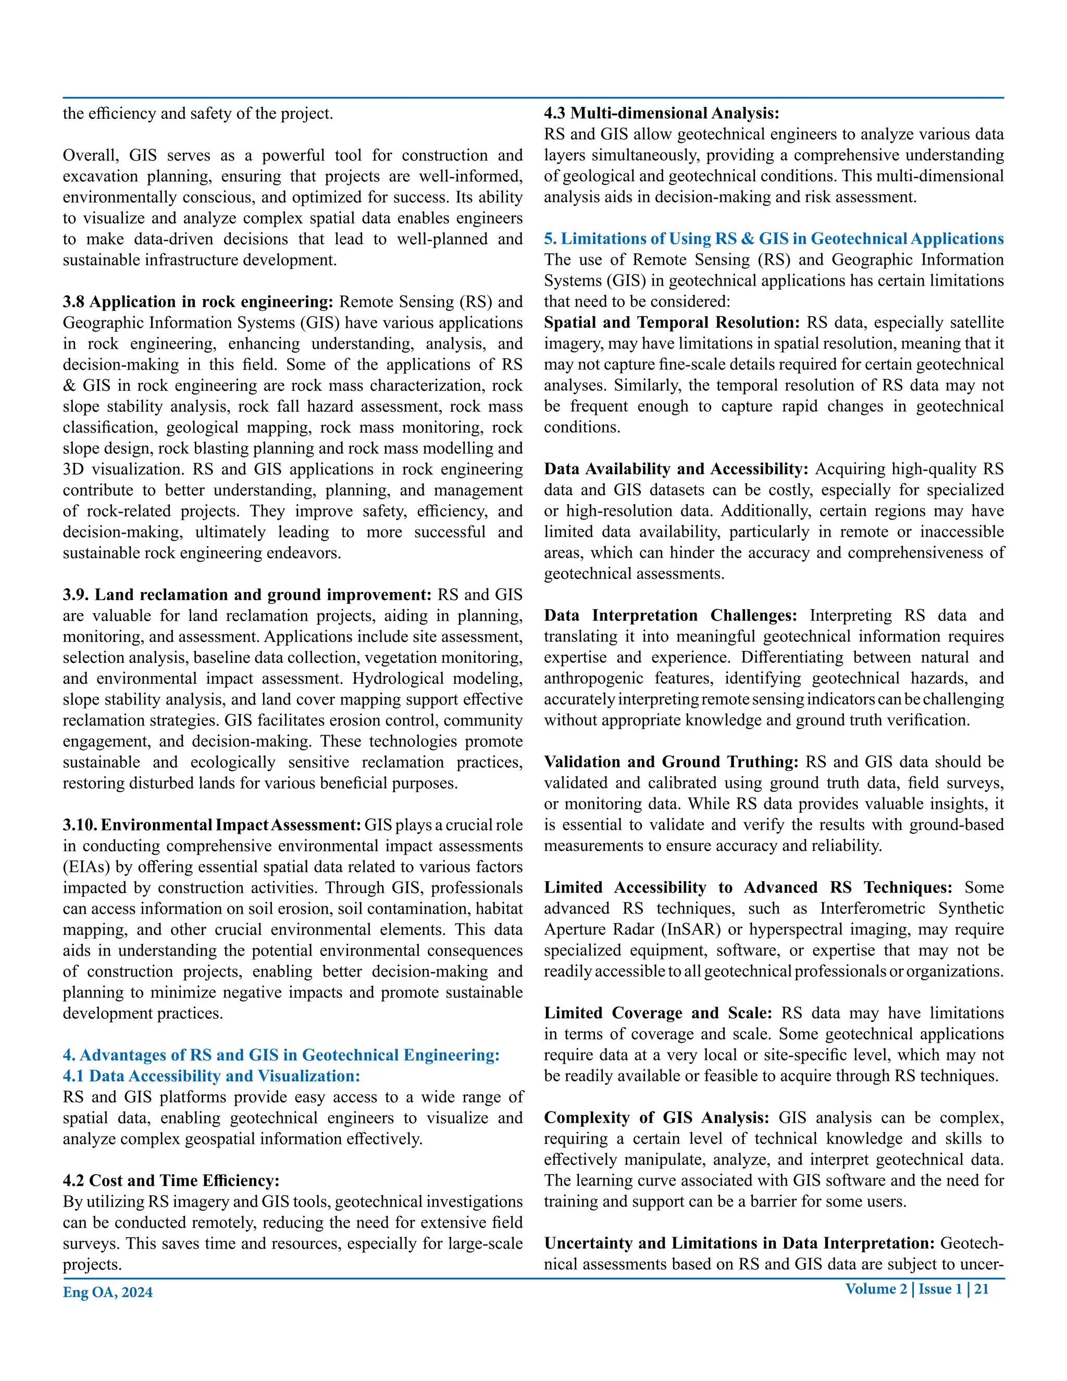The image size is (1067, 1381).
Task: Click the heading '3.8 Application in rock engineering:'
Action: pyautogui.click(x=197, y=302)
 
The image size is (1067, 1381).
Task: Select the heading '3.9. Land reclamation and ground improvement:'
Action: pyautogui.click(x=246, y=595)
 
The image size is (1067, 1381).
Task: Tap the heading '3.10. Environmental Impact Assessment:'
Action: pyautogui.click(x=212, y=825)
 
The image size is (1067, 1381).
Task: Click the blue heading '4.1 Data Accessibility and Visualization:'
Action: pyautogui.click(x=211, y=1076)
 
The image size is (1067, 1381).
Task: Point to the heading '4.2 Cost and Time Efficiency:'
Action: pyautogui.click(x=171, y=1180)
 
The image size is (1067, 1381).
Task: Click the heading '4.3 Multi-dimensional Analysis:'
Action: pyautogui.click(x=662, y=113)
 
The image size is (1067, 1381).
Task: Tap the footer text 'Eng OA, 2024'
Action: pyautogui.click(x=107, y=1292)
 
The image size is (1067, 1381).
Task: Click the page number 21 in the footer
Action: pyautogui.click(x=981, y=1289)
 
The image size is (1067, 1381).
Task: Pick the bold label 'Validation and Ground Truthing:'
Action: pyautogui.click(x=671, y=762)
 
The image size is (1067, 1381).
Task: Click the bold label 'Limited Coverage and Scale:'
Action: pyautogui.click(x=658, y=1013)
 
